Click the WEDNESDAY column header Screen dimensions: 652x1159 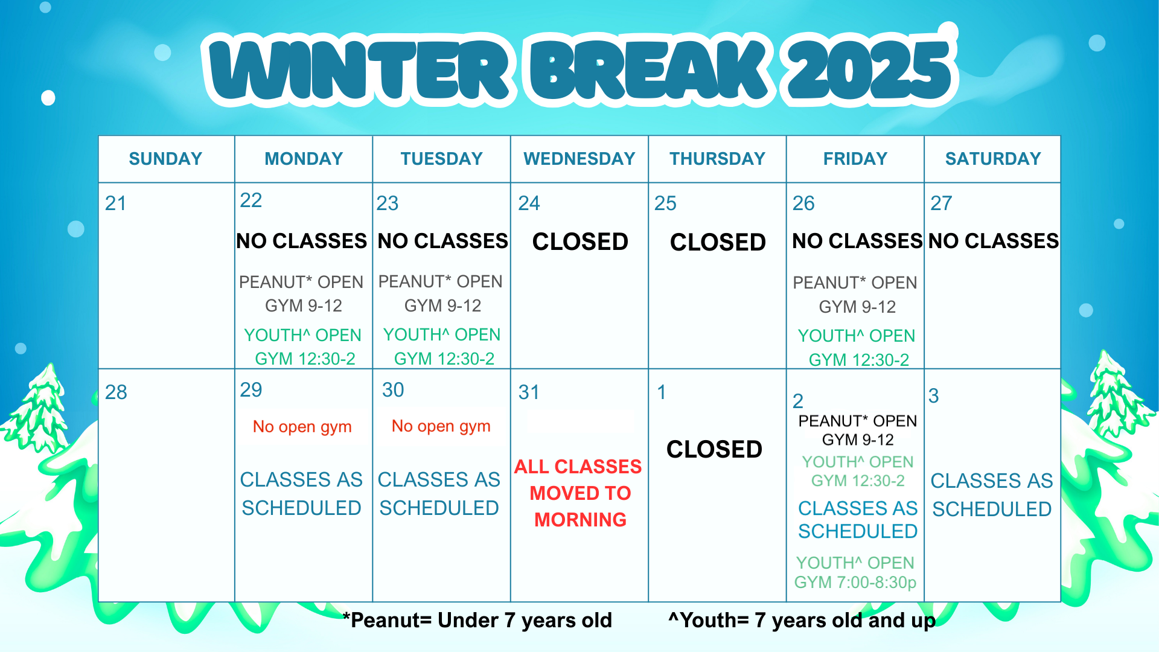[579, 159]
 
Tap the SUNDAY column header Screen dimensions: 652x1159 [165, 159]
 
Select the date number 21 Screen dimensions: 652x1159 [115, 203]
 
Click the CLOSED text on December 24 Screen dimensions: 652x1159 [580, 241]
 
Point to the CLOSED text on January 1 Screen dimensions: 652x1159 [714, 449]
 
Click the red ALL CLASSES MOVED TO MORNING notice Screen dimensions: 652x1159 [579, 493]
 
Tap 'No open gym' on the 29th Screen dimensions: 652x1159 [302, 426]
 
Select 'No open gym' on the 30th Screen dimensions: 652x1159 [441, 426]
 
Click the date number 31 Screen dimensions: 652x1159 [529, 392]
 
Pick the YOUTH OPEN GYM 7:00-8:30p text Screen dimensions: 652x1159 [855, 572]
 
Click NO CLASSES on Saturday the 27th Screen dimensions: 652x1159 [993, 241]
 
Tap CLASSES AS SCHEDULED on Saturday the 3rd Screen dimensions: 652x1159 [991, 494]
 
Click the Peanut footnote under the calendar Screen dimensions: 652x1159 [477, 620]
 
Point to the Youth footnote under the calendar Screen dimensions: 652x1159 [802, 620]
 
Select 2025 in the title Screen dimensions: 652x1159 [869, 69]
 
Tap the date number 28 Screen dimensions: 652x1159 [116, 392]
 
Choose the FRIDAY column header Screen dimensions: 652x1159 [855, 159]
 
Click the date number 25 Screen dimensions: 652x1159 [665, 203]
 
